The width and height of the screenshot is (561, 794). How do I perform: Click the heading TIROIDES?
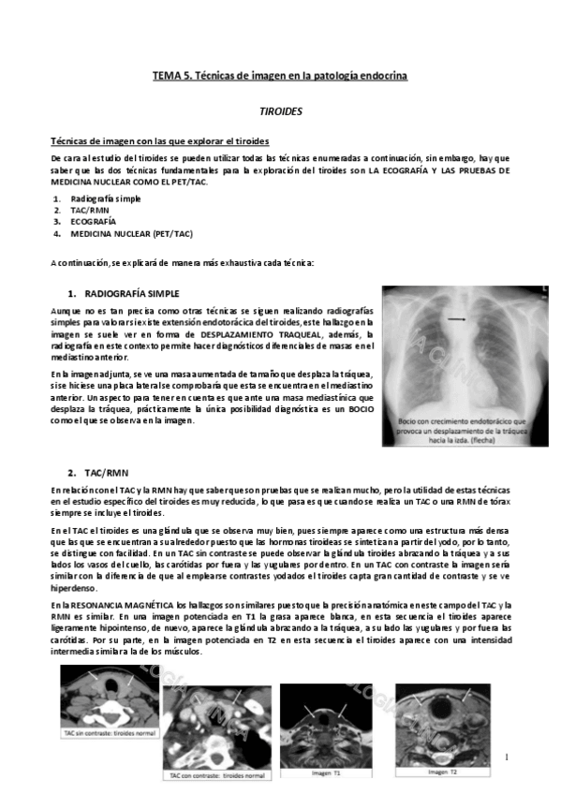(x=280, y=110)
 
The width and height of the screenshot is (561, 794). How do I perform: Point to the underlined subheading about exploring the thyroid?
(x=160, y=141)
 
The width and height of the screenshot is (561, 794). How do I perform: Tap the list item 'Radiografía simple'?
(x=106, y=199)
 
